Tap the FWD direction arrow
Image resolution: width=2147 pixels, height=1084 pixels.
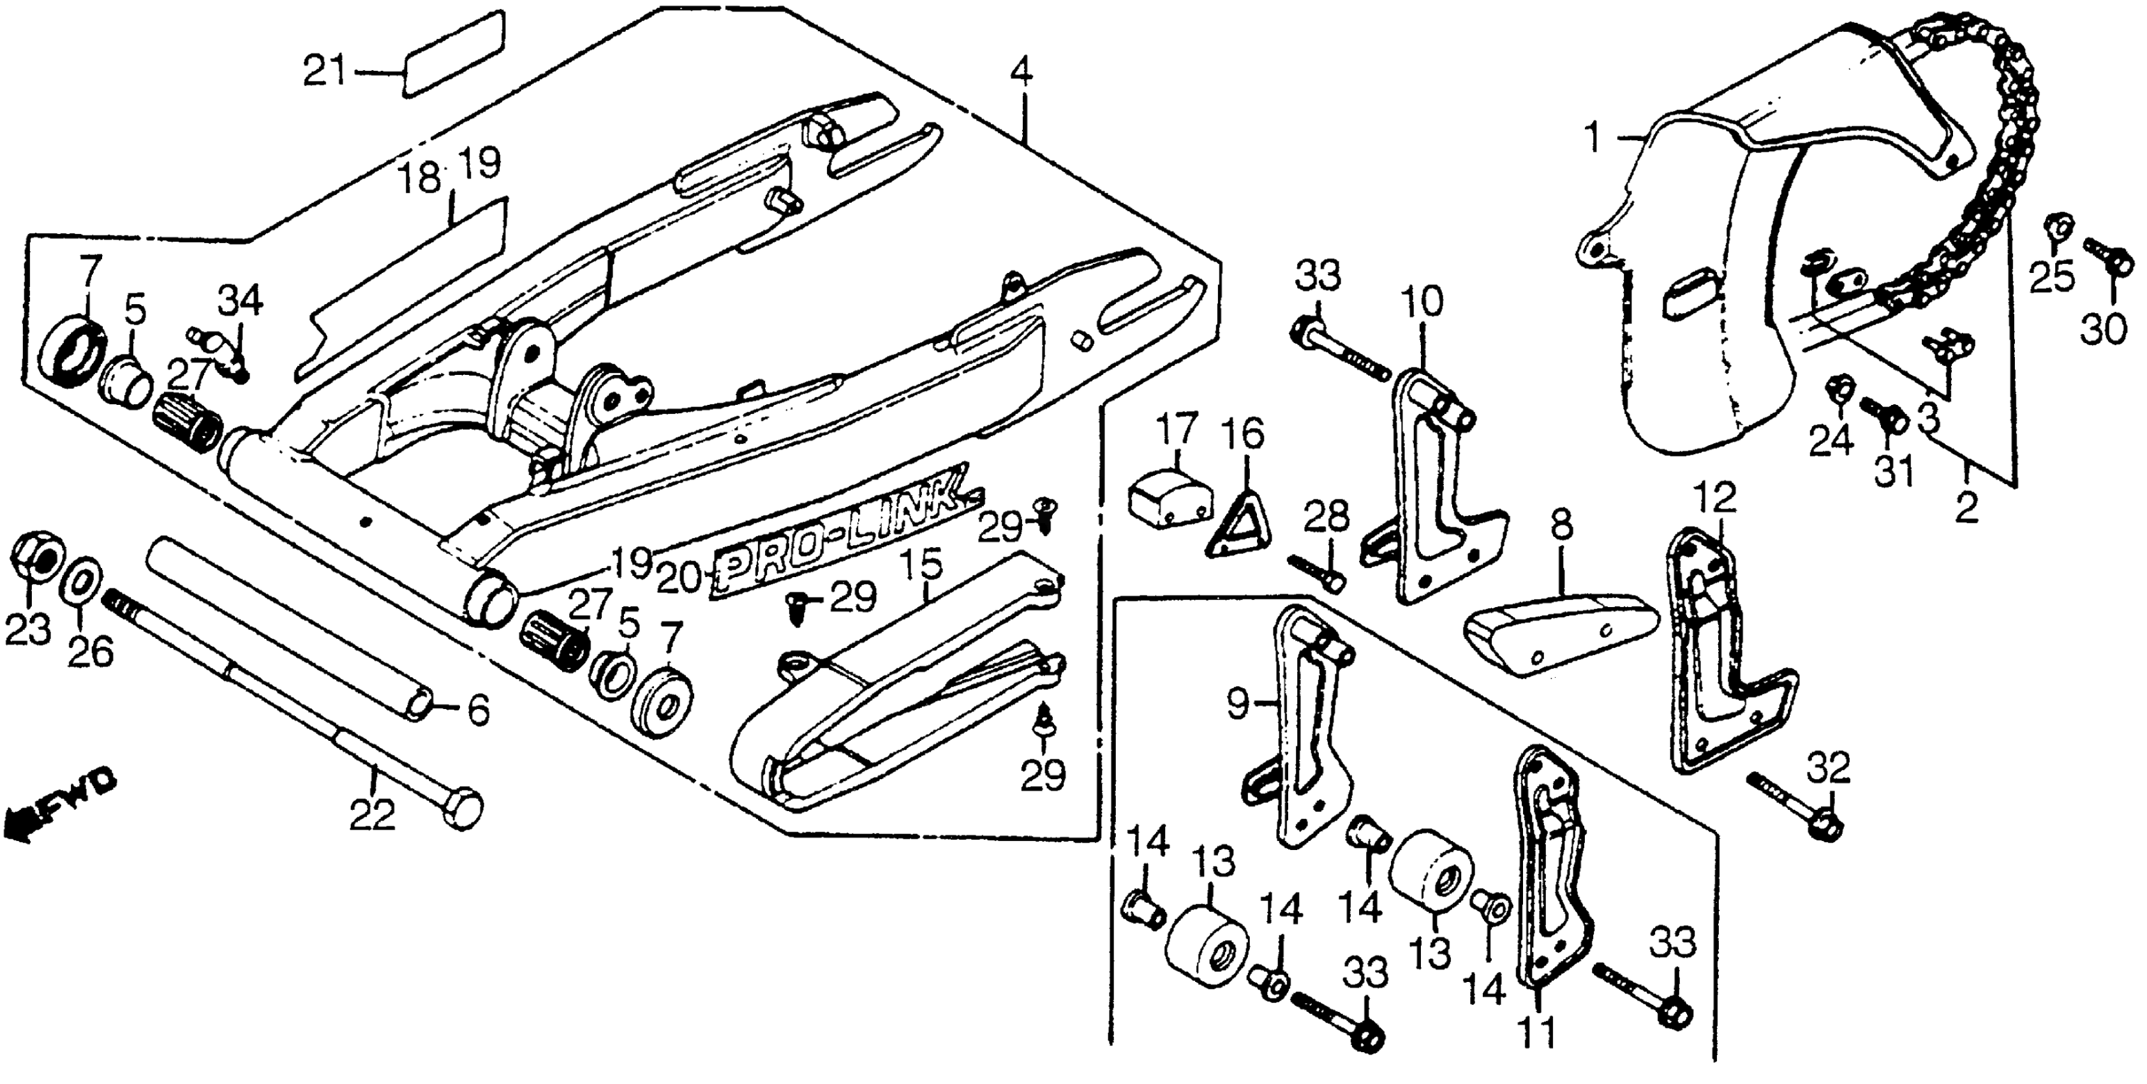click(58, 806)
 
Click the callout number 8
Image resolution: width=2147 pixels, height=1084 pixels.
click(1561, 527)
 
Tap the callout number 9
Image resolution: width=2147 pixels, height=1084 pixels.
click(1237, 705)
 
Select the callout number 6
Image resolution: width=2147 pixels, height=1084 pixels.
click(479, 711)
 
